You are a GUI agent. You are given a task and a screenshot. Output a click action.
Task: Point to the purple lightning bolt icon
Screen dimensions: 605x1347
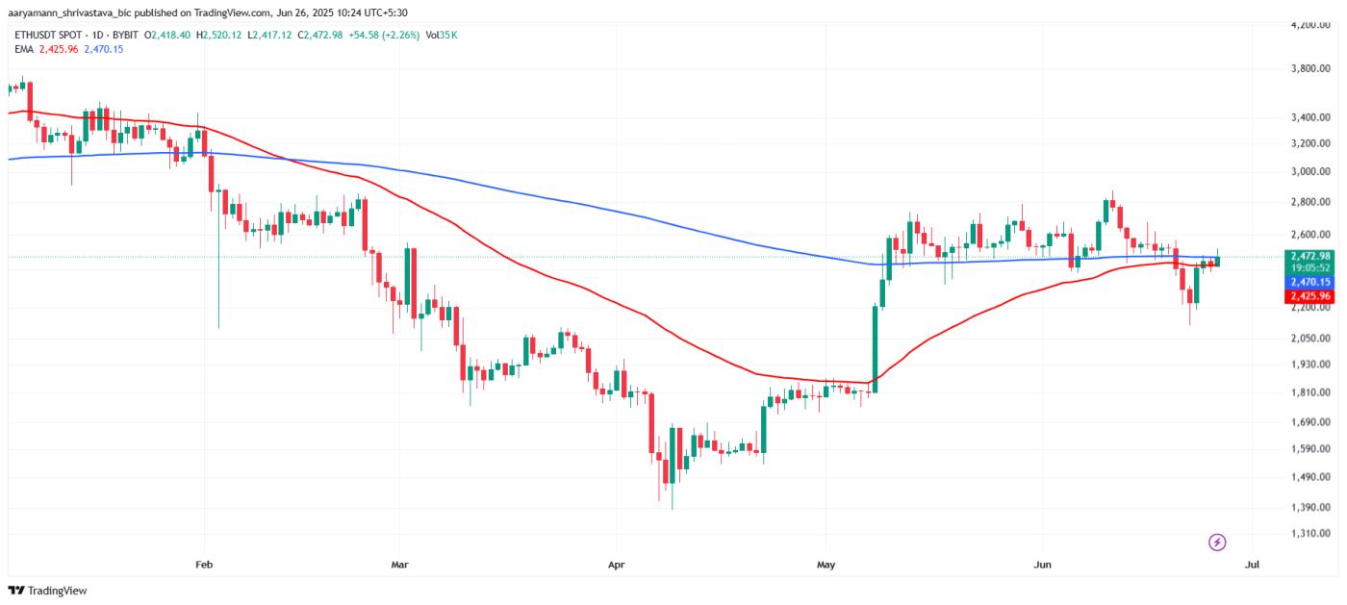1217,542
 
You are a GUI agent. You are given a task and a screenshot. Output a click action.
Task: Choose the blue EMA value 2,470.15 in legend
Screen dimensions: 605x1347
104,49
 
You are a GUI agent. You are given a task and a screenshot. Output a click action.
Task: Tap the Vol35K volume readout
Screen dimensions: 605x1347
442,35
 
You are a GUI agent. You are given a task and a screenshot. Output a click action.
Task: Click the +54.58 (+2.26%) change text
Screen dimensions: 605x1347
385,35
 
